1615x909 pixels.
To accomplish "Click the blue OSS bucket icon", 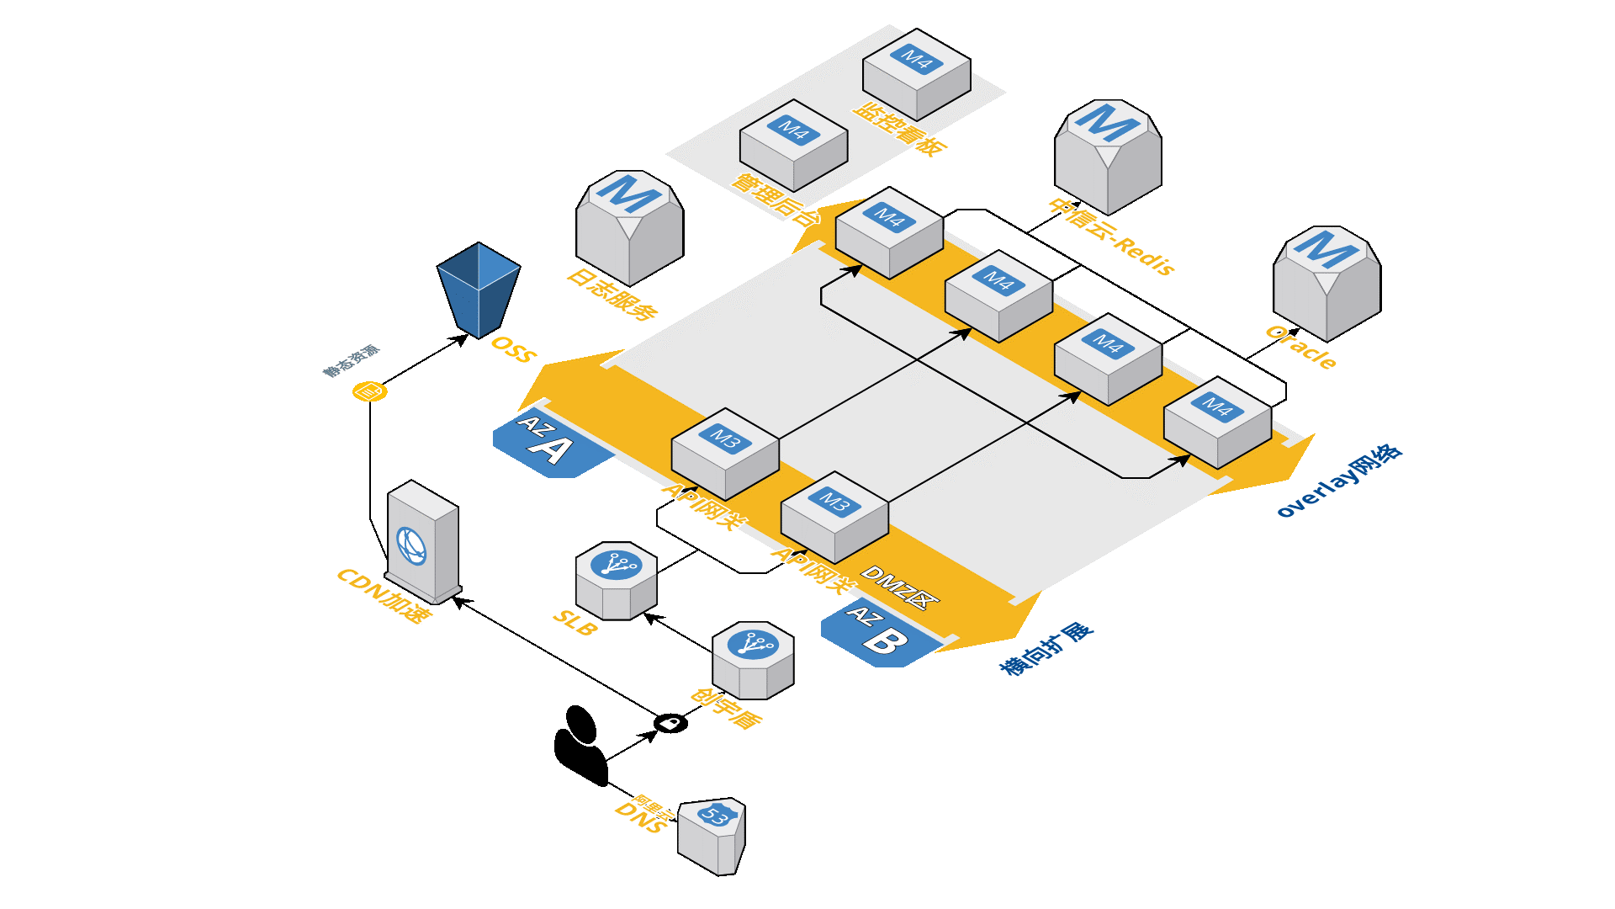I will coord(479,288).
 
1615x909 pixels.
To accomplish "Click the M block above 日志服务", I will coord(629,227).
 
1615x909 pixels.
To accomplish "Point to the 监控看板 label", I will coord(901,130).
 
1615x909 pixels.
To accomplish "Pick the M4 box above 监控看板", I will coord(916,74).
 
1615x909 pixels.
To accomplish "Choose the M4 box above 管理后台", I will coord(793,145).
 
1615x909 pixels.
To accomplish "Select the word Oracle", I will coord(1301,347).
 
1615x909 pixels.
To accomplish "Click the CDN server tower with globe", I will coord(423,541).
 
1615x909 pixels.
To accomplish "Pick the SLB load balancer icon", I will coord(616,580).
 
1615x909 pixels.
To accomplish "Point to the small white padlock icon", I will coord(670,723).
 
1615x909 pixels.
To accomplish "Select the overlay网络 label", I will coord(1339,481).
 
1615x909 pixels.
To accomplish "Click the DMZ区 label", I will coord(899,587).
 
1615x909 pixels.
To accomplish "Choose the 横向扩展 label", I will coord(1046,649).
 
